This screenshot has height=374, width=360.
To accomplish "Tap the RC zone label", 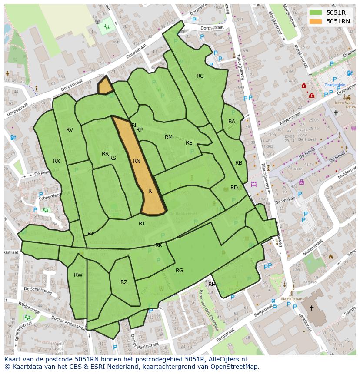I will [x=200, y=76].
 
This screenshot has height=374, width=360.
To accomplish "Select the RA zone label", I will [x=232, y=122].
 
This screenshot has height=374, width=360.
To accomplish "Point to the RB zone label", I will [x=239, y=163].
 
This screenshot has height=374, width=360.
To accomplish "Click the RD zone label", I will [x=234, y=188].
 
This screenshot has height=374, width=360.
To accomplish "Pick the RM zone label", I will [x=169, y=137].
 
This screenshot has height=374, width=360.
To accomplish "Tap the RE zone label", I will [x=189, y=143].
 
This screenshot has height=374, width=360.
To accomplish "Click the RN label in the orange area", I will [x=137, y=161].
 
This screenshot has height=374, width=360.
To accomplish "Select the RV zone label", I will [x=70, y=130].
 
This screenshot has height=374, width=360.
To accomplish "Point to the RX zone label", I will [x=57, y=161].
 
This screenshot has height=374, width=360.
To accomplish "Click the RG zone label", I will [x=179, y=271].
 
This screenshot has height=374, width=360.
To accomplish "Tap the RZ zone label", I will [x=124, y=282].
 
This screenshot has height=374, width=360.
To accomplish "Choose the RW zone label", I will [x=78, y=275].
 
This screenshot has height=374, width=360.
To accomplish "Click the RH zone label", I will [x=212, y=285].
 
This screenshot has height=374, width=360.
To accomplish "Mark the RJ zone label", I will [x=141, y=224].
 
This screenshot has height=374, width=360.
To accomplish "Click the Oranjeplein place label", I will [x=335, y=85].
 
